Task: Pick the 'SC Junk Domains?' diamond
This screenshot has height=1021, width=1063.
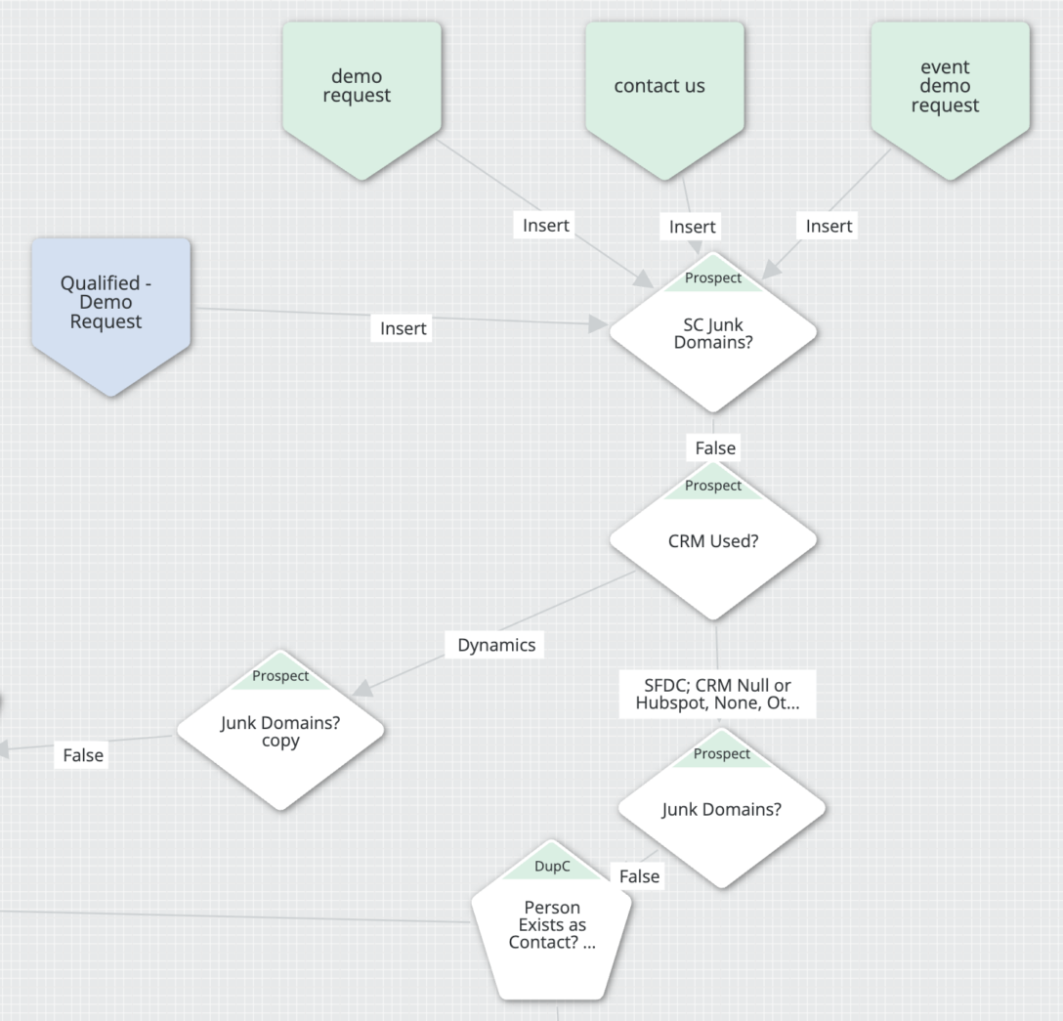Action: [x=712, y=335]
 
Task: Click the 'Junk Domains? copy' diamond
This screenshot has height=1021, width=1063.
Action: [x=280, y=732]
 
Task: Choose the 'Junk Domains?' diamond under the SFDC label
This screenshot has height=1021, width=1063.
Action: [x=721, y=809]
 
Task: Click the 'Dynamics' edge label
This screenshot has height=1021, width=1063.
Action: [x=496, y=645]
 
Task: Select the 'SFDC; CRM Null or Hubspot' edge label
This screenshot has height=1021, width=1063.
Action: [x=717, y=695]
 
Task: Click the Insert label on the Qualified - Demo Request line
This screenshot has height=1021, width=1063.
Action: [x=404, y=329]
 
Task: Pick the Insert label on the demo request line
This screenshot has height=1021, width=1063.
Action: [x=545, y=225]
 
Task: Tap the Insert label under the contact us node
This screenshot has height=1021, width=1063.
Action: [x=692, y=227]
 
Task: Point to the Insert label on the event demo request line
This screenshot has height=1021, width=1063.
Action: [x=829, y=226]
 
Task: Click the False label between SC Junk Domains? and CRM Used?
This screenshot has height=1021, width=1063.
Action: [x=715, y=447]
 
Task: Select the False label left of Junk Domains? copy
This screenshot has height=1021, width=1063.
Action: [x=83, y=755]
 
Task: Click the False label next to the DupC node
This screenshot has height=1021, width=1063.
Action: [x=639, y=876]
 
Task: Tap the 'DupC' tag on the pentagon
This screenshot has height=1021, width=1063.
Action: [x=552, y=867]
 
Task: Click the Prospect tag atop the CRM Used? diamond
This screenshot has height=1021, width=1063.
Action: [x=712, y=486]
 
